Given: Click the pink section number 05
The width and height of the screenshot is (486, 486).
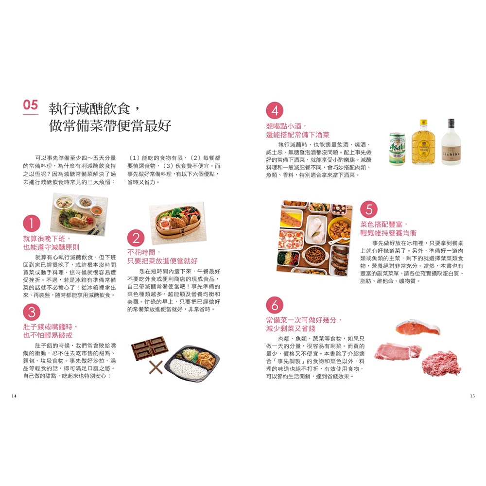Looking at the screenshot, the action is click(30, 105).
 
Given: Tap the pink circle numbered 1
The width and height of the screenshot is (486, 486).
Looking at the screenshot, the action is click(32, 223).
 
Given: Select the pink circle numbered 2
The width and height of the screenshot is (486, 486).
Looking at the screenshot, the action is click(136, 238).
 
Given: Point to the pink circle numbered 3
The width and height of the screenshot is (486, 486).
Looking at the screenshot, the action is click(32, 312).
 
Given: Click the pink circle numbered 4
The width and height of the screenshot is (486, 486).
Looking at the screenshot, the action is click(275, 110).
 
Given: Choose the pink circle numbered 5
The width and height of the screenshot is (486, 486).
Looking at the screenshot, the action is click(369, 209).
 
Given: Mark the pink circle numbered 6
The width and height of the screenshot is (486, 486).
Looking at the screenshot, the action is click(275, 305).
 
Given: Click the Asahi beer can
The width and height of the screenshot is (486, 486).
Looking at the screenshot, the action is click(398, 149).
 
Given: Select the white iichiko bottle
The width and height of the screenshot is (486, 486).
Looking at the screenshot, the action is click(451, 142).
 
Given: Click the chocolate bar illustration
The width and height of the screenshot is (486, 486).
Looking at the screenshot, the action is click(150, 348).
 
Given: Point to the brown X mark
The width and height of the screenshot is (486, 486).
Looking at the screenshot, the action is click(156, 367).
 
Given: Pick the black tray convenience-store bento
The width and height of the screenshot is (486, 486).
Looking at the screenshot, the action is click(192, 363).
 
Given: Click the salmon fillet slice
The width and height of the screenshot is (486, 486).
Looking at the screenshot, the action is click(418, 328).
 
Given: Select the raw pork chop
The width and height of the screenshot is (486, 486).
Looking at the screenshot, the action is click(398, 351).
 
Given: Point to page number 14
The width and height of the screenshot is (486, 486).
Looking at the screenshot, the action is click(14, 396).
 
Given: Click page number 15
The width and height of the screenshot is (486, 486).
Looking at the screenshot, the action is click(472, 396).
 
